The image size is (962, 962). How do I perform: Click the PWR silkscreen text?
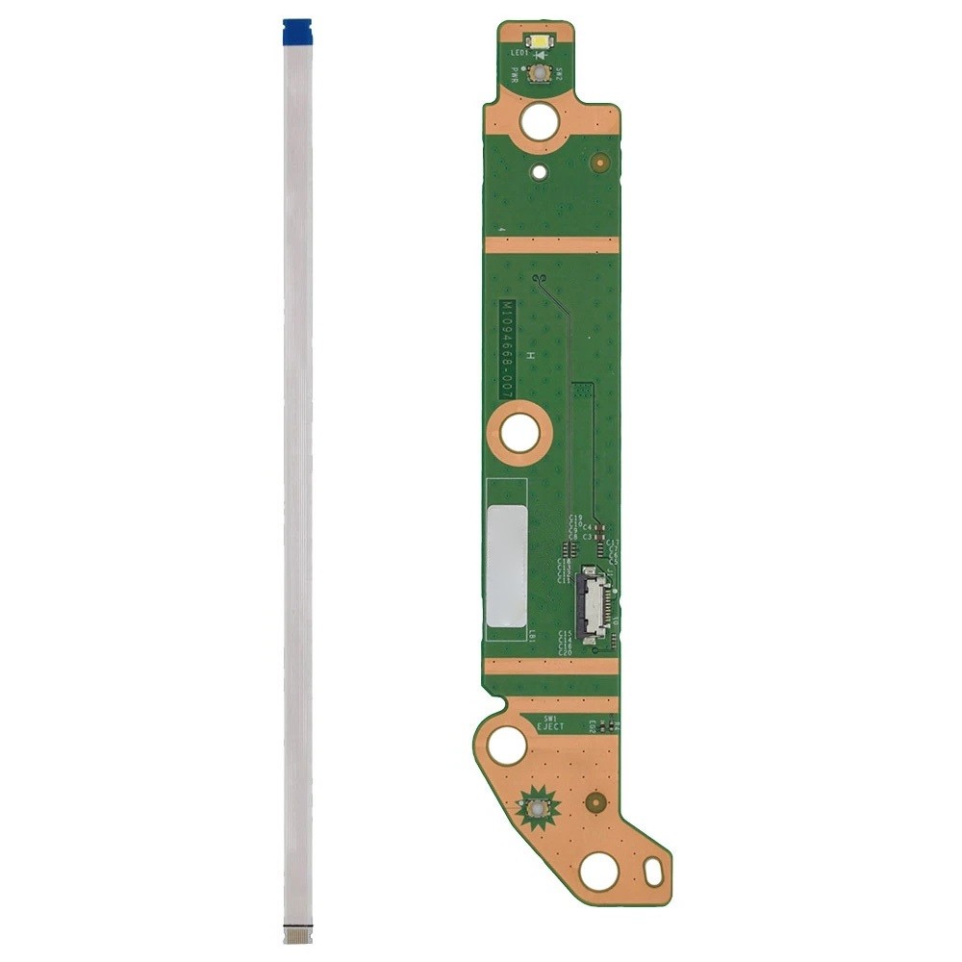[x=515, y=71]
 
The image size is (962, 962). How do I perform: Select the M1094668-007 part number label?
[x=506, y=349]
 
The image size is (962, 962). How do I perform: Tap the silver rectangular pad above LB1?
[x=506, y=562]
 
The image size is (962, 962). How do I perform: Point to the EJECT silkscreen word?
[x=551, y=728]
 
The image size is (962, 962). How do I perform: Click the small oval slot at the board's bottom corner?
[x=654, y=875]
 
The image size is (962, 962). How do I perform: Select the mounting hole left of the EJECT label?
[x=507, y=746]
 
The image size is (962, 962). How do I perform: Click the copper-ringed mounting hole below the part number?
[x=519, y=434]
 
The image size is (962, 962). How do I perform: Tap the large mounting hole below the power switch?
[x=539, y=121]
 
